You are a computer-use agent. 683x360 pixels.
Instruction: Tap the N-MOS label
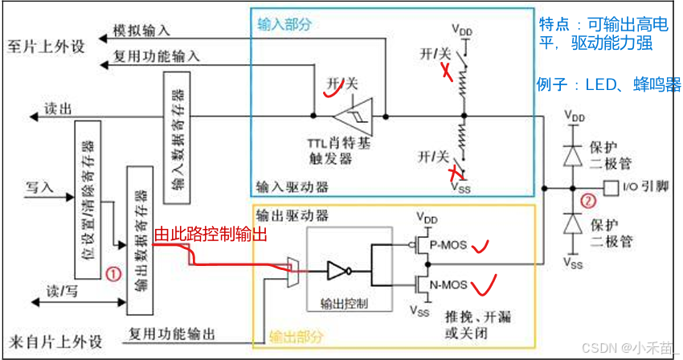(448, 283)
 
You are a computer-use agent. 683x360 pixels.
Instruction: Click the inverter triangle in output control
(337, 272)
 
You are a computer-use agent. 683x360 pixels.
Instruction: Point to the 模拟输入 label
(144, 31)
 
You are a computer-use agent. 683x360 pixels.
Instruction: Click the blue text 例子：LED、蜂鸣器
(609, 84)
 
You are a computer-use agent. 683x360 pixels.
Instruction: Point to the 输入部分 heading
(283, 23)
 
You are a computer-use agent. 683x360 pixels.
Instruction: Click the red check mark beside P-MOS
(482, 244)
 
